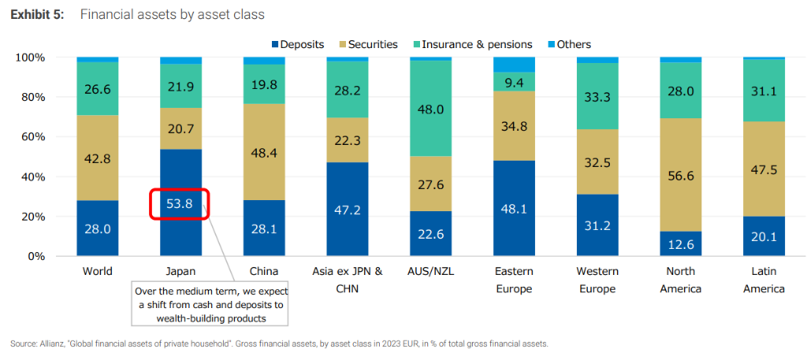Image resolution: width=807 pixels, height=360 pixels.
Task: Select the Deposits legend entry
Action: point(297,44)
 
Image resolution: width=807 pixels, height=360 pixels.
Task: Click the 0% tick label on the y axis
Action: point(38,256)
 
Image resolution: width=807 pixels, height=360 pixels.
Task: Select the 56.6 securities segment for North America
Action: point(679,175)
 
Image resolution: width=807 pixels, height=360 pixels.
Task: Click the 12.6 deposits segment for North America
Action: point(679,243)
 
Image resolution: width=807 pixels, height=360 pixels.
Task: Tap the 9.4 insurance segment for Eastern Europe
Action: point(513,81)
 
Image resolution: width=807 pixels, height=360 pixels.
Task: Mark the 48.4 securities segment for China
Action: point(264,152)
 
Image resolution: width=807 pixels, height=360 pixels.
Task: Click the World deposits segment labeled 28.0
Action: point(97,228)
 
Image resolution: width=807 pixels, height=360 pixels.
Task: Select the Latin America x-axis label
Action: point(763,280)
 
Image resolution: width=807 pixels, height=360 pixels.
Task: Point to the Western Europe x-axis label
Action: point(597,280)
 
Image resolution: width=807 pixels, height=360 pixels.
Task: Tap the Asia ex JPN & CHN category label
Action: point(347,280)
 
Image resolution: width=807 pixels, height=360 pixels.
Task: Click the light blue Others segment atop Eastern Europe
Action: point(513,65)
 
